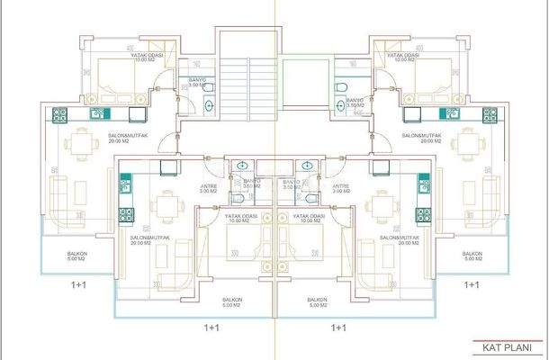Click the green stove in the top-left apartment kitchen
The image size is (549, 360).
(x=61, y=114)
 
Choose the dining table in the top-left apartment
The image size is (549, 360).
(x=82, y=144)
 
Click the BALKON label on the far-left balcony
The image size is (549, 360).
(x=77, y=255)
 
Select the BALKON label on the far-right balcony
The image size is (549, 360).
(x=470, y=255)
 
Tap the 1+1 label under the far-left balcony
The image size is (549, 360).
(x=79, y=283)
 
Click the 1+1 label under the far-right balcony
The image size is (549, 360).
(x=470, y=283)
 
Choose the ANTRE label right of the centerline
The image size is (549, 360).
(x=339, y=188)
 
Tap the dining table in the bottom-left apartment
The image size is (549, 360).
(x=165, y=207)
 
